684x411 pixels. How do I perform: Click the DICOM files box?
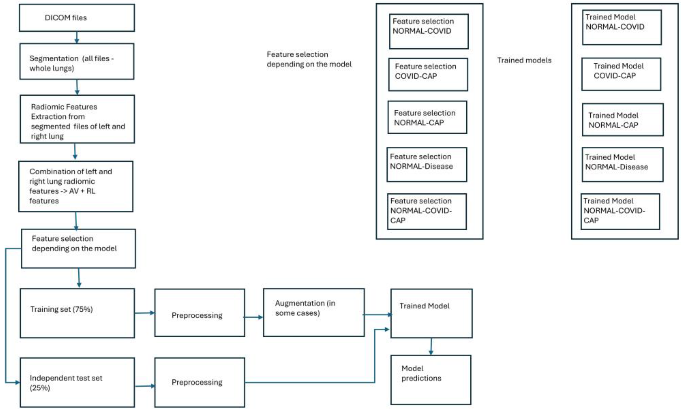(x=77, y=18)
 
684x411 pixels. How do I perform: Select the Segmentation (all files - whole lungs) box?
(x=77, y=62)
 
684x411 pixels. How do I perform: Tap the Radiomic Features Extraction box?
(x=77, y=119)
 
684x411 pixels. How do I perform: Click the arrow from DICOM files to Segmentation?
(x=77, y=37)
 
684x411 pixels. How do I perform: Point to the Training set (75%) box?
(x=77, y=313)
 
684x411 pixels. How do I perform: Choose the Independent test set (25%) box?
(x=77, y=382)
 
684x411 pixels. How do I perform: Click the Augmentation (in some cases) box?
(x=313, y=313)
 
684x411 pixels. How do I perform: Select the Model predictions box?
(x=430, y=380)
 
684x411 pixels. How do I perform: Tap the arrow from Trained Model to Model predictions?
(x=431, y=346)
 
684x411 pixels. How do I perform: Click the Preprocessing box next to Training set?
(x=199, y=313)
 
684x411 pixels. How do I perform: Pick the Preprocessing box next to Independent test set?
(x=199, y=382)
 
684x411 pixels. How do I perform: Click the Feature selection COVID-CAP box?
(x=428, y=74)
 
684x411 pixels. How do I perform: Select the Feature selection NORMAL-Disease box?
(x=427, y=165)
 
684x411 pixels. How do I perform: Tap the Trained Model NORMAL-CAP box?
(x=622, y=120)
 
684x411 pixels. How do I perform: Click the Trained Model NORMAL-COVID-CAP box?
(x=620, y=212)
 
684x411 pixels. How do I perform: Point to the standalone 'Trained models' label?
(x=524, y=60)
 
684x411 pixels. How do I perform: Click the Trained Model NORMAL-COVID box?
(x=622, y=27)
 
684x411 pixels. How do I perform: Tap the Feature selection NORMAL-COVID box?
(x=428, y=31)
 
